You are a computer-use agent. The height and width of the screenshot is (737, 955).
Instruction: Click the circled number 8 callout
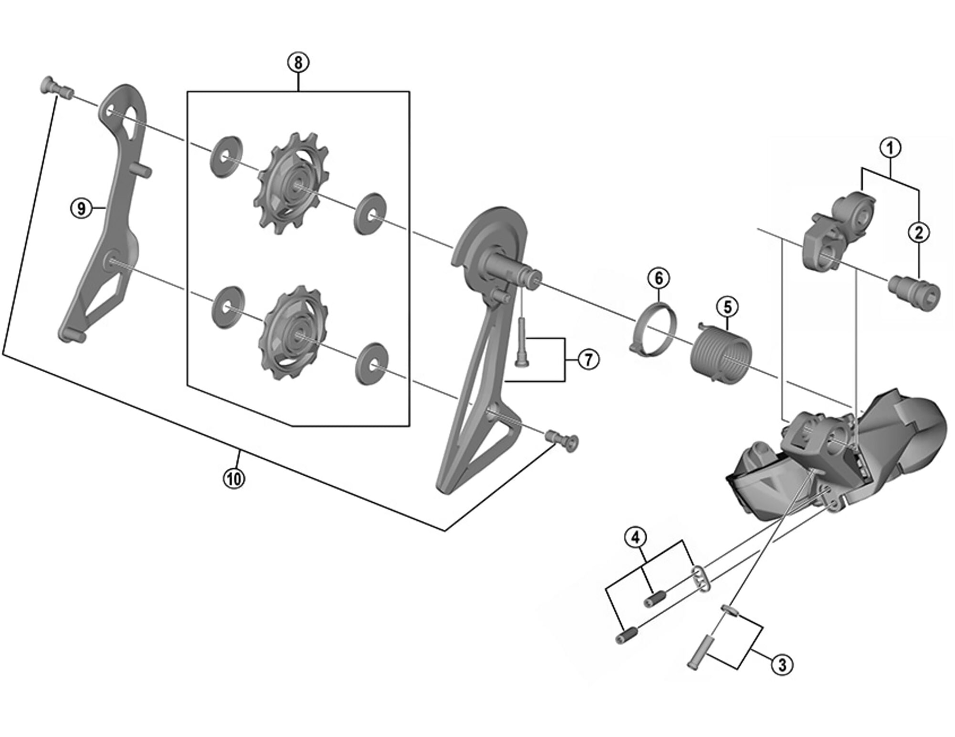(x=298, y=63)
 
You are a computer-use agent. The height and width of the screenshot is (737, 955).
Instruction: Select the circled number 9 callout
(x=81, y=208)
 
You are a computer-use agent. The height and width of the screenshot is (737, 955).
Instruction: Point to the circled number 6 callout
(x=659, y=279)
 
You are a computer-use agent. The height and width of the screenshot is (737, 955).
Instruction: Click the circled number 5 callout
(x=728, y=307)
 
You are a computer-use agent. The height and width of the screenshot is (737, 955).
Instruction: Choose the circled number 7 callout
(x=588, y=359)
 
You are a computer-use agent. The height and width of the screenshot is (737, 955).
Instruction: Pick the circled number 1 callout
(x=890, y=148)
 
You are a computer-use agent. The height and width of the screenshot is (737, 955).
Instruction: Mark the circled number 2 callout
(x=918, y=232)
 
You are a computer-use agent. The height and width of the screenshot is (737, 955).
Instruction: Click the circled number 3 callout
(x=782, y=664)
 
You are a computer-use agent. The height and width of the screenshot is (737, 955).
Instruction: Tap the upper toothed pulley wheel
(x=292, y=183)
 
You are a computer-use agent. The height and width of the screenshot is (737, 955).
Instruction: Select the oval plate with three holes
(x=701, y=579)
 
